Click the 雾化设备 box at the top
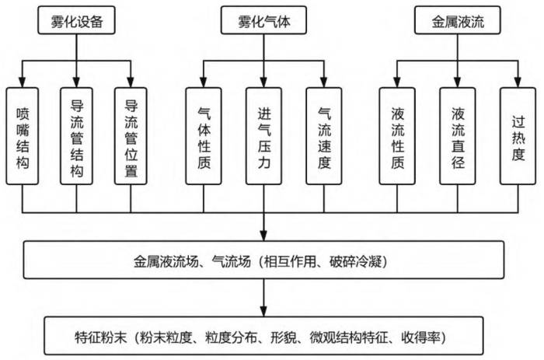[x=76, y=20]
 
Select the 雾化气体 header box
[x=263, y=20]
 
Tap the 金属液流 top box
[x=458, y=20]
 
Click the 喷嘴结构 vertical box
[x=23, y=136]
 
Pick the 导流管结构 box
[x=76, y=136]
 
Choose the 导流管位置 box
[x=131, y=136]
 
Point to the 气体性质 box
[x=204, y=136]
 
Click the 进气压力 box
[x=263, y=136]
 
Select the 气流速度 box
[x=324, y=136]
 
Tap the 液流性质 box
[x=397, y=136]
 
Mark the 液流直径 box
[x=458, y=136]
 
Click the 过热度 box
[x=518, y=136]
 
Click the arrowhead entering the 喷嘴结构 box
[x=23, y=82]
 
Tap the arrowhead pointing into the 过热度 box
[x=518, y=82]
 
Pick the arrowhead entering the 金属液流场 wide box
[x=263, y=236]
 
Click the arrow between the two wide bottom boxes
[x=263, y=298]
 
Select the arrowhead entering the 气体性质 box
[x=204, y=82]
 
